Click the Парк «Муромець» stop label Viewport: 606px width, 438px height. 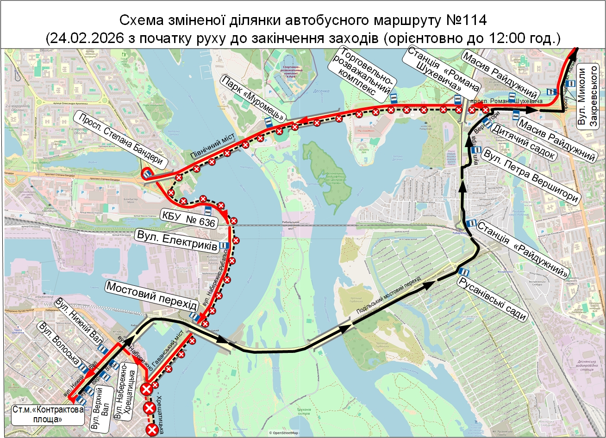(253, 97)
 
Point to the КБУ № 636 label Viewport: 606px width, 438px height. (189, 219)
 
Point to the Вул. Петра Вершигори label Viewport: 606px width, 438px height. (531, 176)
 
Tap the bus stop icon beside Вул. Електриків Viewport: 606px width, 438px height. (225, 246)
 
